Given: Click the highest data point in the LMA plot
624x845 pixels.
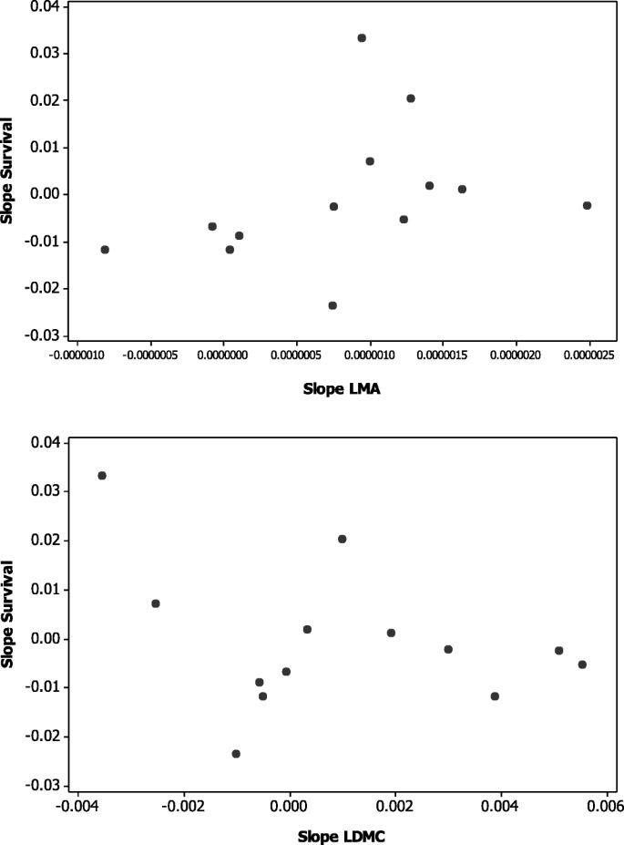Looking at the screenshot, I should pyautogui.click(x=362, y=38).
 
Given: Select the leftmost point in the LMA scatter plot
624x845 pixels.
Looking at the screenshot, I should pyautogui.click(x=105, y=250).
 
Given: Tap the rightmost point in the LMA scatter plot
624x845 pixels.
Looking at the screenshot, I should pyautogui.click(x=587, y=206).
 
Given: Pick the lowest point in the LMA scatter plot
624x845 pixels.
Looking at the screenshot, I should pyautogui.click(x=332, y=305).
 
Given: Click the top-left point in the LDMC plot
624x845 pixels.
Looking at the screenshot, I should pyautogui.click(x=102, y=476).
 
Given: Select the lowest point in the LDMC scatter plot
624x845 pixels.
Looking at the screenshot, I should pyautogui.click(x=236, y=754).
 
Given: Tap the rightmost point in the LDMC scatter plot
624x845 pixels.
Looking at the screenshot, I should pyautogui.click(x=582, y=665).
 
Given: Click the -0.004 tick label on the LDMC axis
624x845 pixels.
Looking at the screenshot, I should pyautogui.click(x=75, y=805).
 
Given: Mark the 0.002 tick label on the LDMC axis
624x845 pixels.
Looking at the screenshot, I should pyautogui.click(x=395, y=805).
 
